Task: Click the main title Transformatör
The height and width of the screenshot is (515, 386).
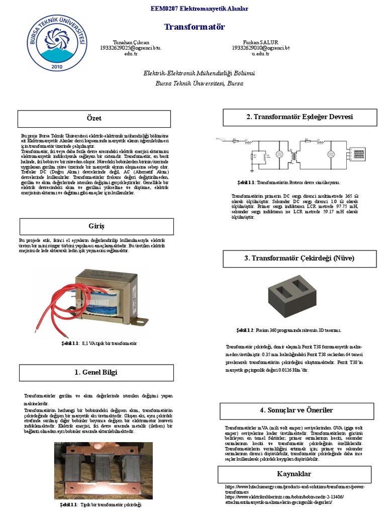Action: click(x=195, y=27)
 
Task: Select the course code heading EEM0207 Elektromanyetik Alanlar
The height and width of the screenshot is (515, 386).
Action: click(x=192, y=9)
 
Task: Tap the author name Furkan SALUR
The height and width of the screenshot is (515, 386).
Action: click(x=261, y=42)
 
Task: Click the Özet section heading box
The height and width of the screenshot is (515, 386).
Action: click(x=94, y=119)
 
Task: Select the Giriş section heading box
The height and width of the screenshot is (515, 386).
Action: click(x=96, y=226)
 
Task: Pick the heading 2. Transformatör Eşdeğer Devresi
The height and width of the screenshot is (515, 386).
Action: click(x=300, y=117)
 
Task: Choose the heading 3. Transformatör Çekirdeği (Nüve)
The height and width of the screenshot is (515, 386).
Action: click(x=300, y=259)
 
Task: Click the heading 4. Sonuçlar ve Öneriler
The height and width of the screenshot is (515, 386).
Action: click(x=297, y=410)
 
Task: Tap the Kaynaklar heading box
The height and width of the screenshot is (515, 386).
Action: click(x=294, y=474)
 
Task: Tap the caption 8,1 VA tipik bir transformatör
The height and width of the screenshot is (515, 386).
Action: click(x=99, y=343)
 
